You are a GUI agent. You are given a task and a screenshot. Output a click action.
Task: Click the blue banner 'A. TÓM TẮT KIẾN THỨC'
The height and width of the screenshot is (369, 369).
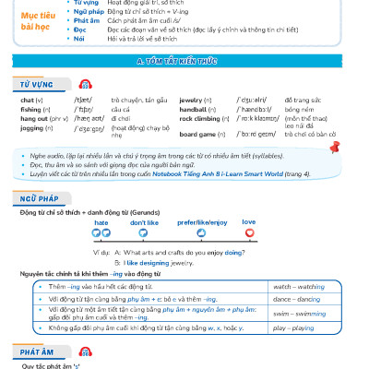tap(184, 61)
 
